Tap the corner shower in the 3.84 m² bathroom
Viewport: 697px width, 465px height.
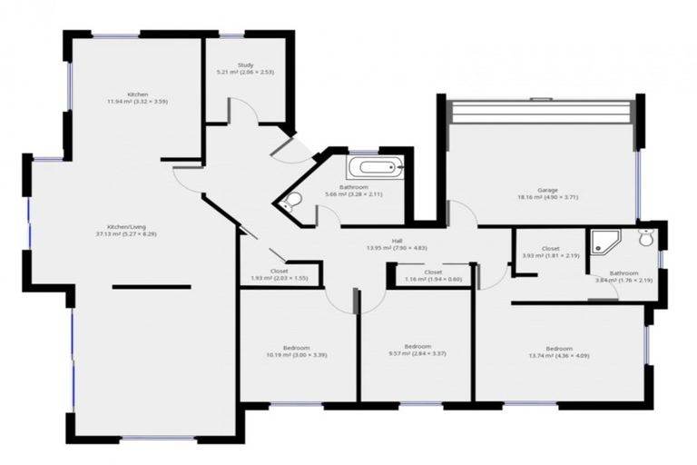pyautogui.click(x=604, y=241)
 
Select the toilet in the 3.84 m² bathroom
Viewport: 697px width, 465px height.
pyautogui.click(x=645, y=238)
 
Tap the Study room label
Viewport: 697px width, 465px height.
pyautogui.click(x=245, y=64)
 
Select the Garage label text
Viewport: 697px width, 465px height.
pyautogui.click(x=546, y=188)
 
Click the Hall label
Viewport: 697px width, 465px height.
pyautogui.click(x=397, y=241)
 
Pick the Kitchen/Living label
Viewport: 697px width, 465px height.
pyautogui.click(x=126, y=226)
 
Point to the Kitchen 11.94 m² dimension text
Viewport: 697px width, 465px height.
pyautogui.click(x=137, y=102)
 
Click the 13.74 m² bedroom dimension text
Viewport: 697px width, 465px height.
pyautogui.click(x=559, y=356)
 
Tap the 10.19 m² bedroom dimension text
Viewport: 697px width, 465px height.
pyautogui.click(x=296, y=354)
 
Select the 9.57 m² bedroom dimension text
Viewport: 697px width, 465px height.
pyautogui.click(x=417, y=353)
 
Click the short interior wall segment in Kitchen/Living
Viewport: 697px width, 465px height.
pyautogui.click(x=152, y=287)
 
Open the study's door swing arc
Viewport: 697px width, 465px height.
pyautogui.click(x=243, y=112)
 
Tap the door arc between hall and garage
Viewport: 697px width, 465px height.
pyautogui.click(x=462, y=213)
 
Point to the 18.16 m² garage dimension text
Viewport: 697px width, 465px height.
pyautogui.click(x=546, y=196)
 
